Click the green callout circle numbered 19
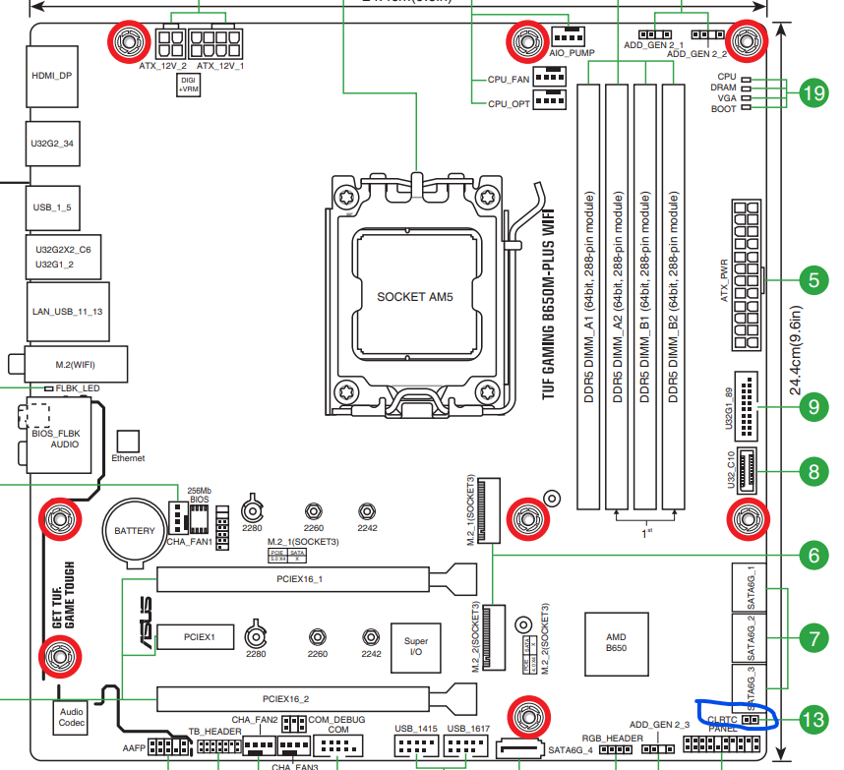[813, 93]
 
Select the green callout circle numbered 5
[813, 280]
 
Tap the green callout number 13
[813, 720]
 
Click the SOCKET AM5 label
[415, 296]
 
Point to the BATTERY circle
[135, 531]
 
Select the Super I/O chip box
[415, 647]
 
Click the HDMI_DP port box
[52, 75]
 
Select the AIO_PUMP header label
[572, 53]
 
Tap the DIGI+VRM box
[189, 85]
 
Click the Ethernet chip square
[129, 441]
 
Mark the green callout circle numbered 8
[813, 471]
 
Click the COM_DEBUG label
[336, 720]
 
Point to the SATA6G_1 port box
[750, 588]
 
